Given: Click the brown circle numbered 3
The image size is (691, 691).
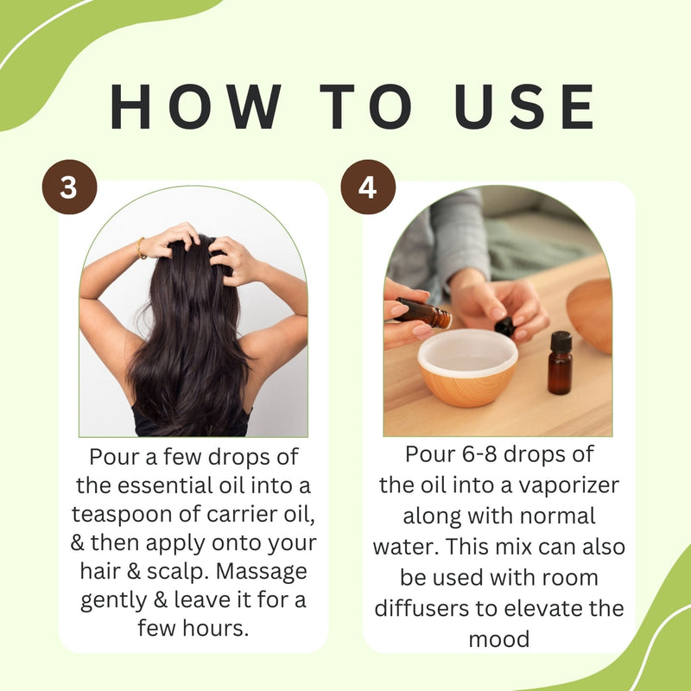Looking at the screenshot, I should click(69, 187).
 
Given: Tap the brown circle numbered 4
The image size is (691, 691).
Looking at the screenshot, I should click(368, 187).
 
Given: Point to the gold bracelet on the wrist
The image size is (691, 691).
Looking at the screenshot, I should click(141, 248).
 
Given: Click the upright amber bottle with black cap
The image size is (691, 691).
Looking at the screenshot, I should click(560, 363).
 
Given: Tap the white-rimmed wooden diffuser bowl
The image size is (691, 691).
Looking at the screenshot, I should click(467, 366).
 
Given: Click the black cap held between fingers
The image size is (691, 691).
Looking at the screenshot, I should click(504, 326).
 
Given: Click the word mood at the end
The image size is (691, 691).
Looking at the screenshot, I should click(499, 639).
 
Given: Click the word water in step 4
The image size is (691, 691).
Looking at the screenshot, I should click(405, 547).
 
